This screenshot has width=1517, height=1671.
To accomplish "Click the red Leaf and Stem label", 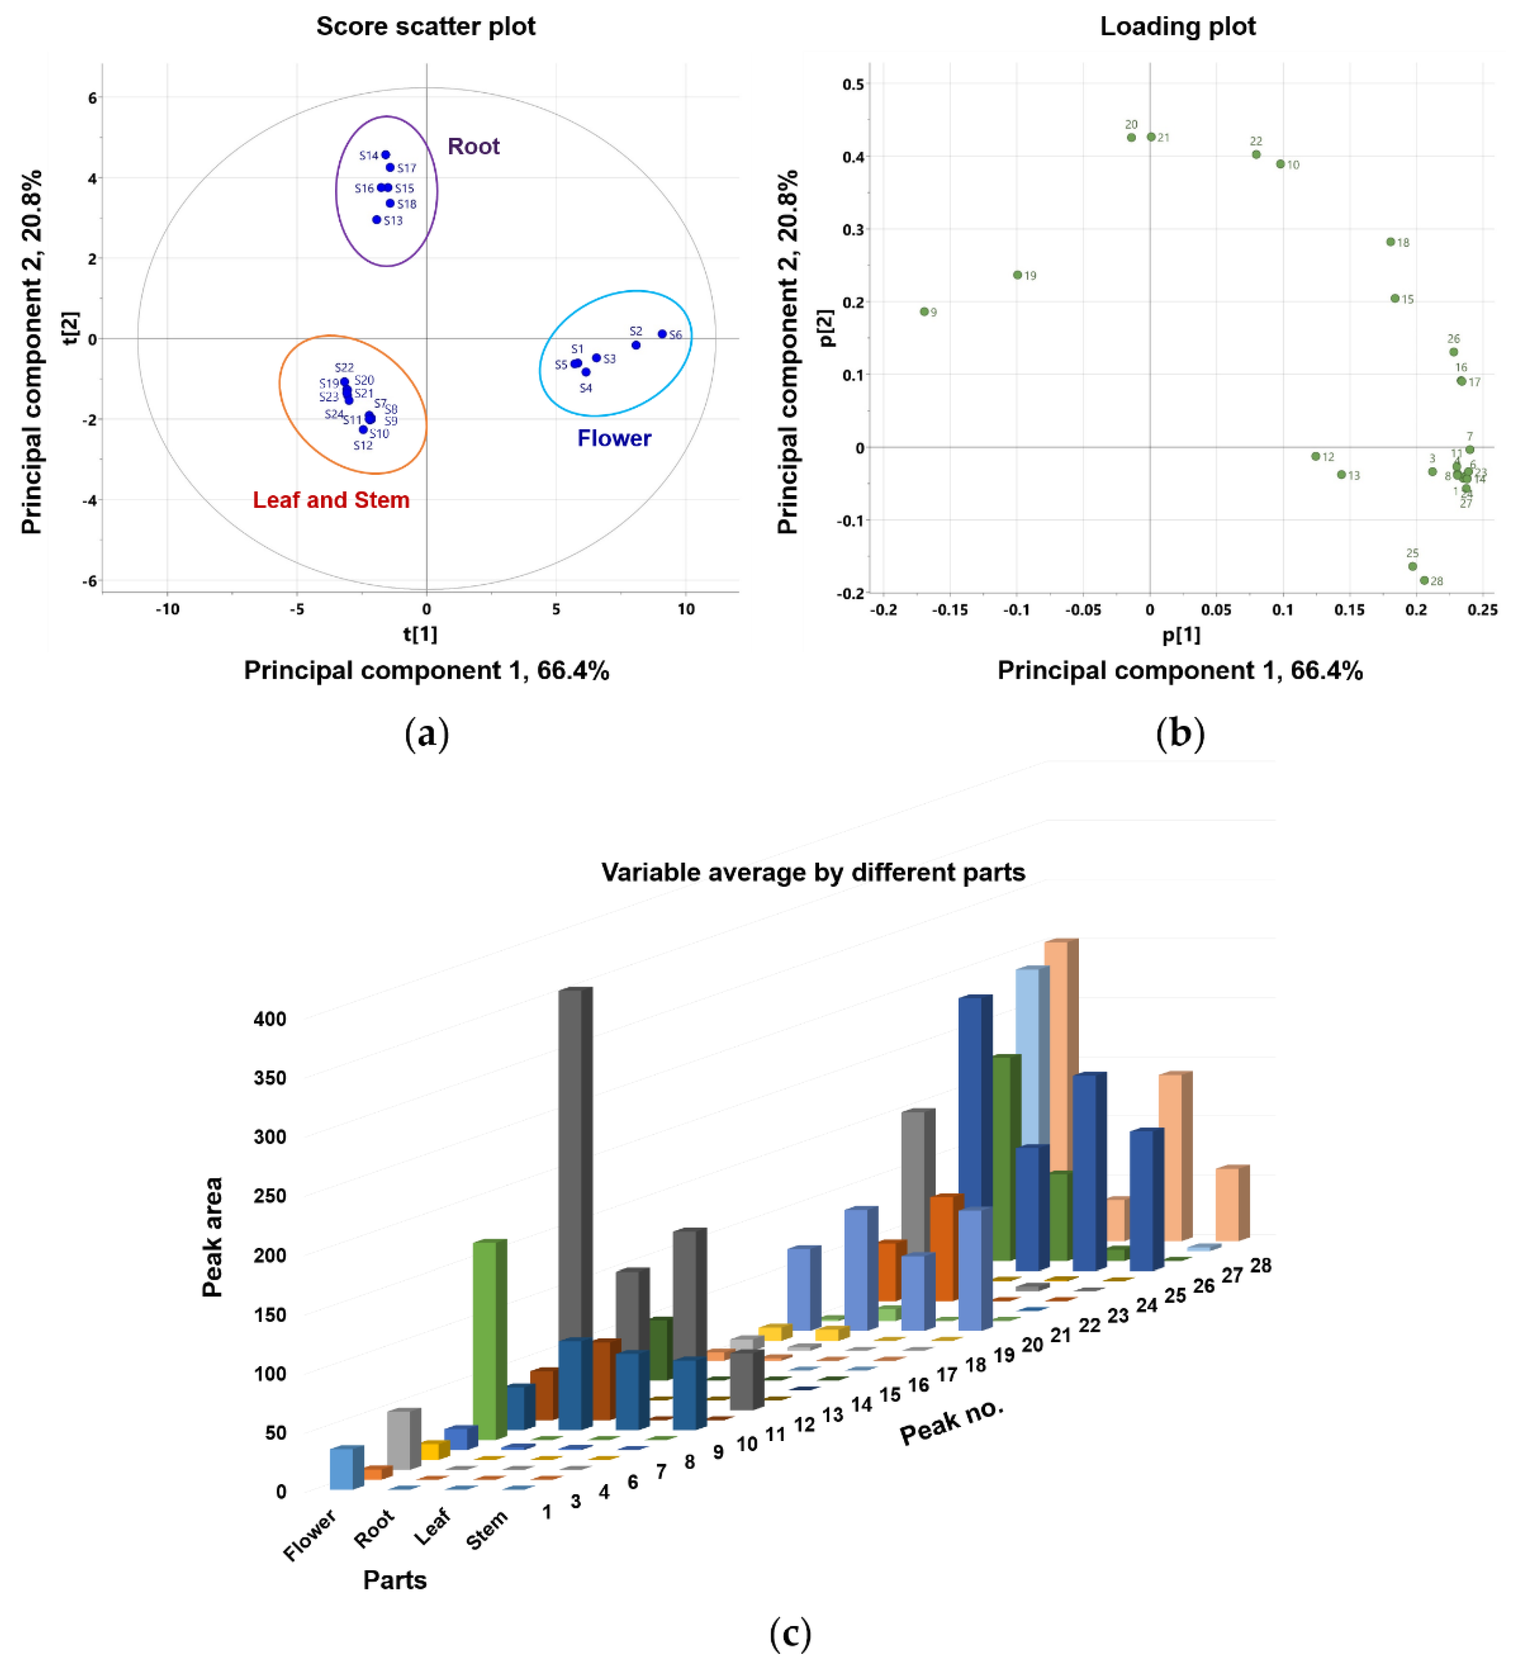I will coord(331,500).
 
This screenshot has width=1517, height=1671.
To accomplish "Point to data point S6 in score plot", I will coord(661,334).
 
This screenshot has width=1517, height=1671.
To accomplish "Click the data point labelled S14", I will coord(385,155).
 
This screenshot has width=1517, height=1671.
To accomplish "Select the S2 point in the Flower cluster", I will coord(636,345).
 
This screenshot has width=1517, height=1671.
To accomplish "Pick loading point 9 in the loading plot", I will coord(924,311).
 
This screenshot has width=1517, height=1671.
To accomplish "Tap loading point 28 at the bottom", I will coord(1424,580).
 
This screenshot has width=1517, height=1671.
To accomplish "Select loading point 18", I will coord(1391,242).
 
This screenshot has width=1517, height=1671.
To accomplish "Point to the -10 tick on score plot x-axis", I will coord(167,609).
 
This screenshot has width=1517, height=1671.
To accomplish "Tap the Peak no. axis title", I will coord(951,1422).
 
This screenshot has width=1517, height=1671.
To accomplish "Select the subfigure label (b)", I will coord(1180,734).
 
